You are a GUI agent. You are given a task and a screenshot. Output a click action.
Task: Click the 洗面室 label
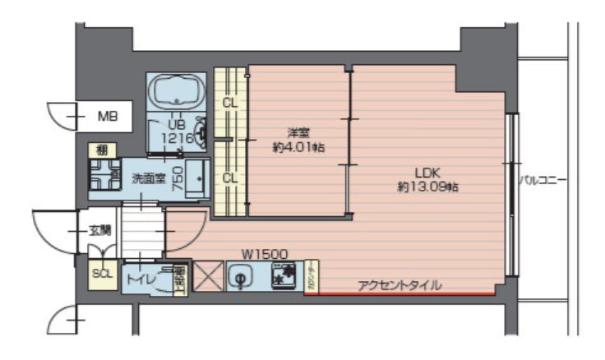[150, 176]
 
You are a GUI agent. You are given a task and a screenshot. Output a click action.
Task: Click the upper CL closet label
[230, 104]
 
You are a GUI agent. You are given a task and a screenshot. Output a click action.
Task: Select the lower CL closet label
[230, 177]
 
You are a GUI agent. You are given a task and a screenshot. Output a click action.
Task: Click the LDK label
[427, 173]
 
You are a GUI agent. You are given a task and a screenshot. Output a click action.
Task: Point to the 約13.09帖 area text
[427, 187]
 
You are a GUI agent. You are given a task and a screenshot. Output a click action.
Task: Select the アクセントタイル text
[399, 285]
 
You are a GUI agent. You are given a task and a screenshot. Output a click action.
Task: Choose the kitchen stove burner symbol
[284, 276]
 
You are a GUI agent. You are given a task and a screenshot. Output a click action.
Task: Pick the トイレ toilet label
[136, 279]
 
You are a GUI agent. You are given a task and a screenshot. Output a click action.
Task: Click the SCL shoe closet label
[103, 273]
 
